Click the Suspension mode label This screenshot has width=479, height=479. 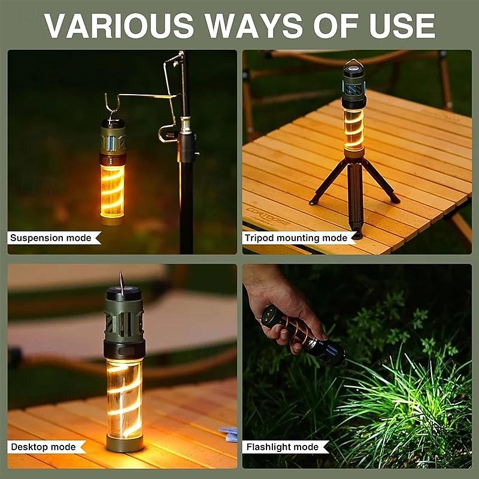[51, 238]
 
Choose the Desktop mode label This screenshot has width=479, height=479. [43, 447]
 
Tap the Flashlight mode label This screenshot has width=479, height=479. [282, 447]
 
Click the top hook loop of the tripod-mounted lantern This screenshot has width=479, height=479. [353, 62]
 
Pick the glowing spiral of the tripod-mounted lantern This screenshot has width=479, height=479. [353, 128]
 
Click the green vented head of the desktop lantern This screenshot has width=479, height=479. [124, 317]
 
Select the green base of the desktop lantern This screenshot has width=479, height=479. [124, 443]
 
